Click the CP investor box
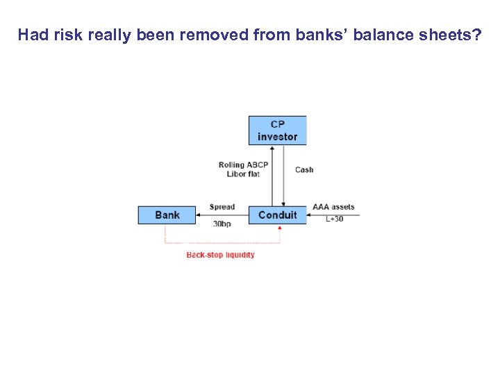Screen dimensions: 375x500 pyautogui.click(x=277, y=131)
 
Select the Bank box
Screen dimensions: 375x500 pyautogui.click(x=167, y=215)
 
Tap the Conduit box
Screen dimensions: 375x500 pyautogui.click(x=277, y=215)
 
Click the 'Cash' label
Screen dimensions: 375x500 pyautogui.click(x=304, y=169)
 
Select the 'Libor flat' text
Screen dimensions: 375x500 pyautogui.click(x=243, y=174)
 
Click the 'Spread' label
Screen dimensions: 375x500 pyautogui.click(x=222, y=207)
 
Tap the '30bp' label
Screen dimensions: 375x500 pyautogui.click(x=222, y=224)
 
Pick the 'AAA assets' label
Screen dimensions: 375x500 pyautogui.click(x=333, y=207)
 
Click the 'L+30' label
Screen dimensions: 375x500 pyautogui.click(x=335, y=219)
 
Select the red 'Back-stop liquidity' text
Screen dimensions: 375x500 pyautogui.click(x=220, y=255)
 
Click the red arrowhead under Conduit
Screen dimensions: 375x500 pyautogui.click(x=279, y=227)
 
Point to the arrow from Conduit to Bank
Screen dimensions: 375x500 pyautogui.click(x=222, y=215)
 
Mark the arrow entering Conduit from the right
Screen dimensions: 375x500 pyautogui.click(x=333, y=215)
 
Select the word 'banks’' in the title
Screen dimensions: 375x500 pyautogui.click(x=308, y=35)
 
